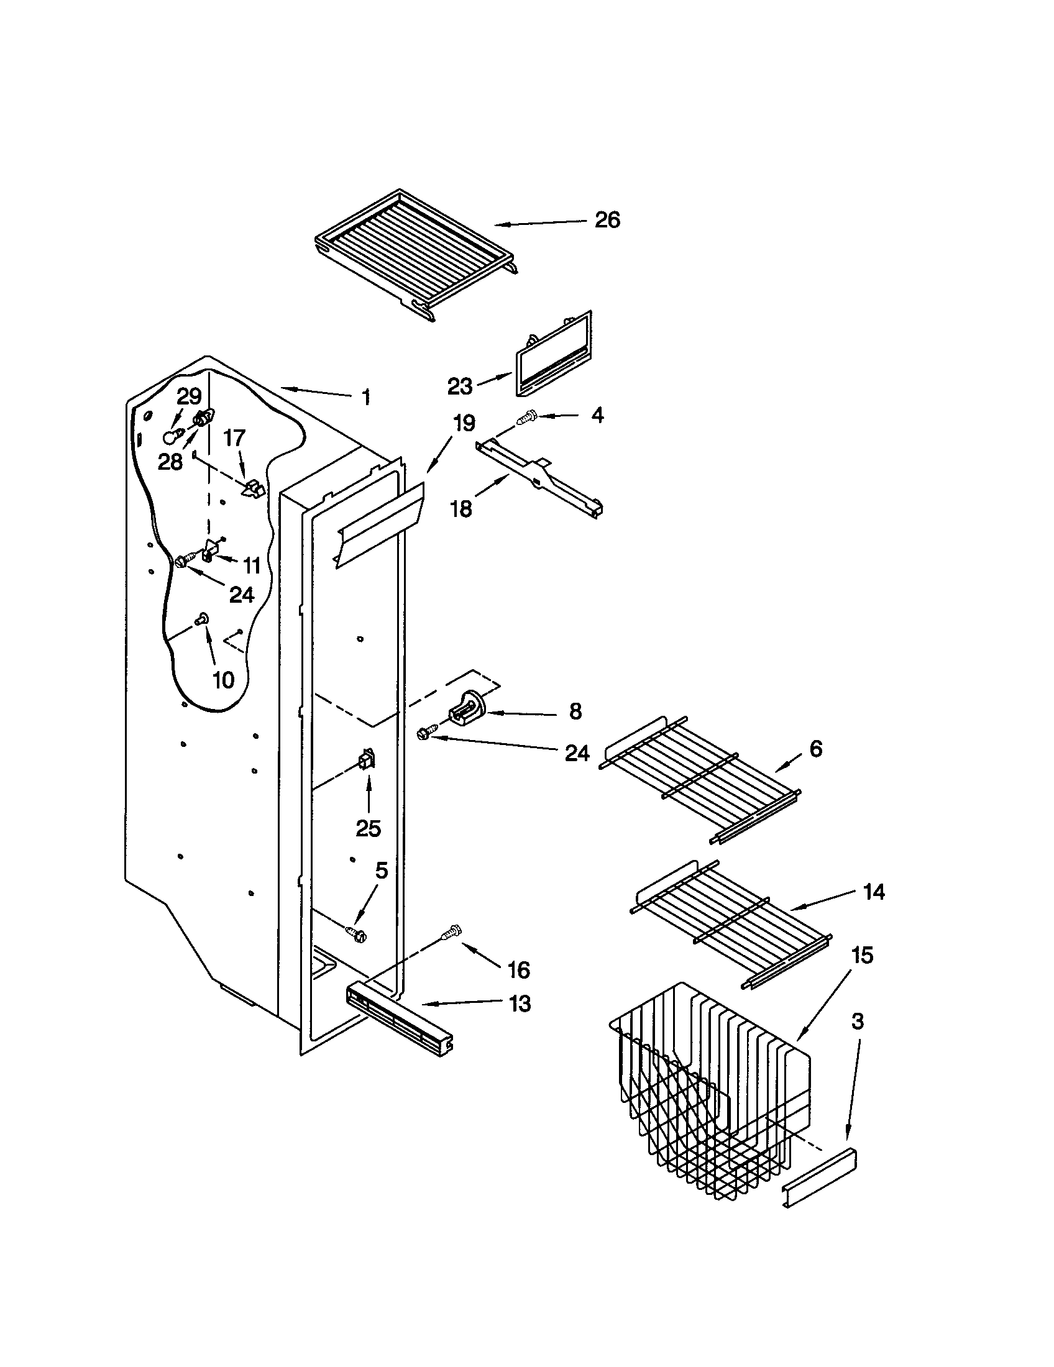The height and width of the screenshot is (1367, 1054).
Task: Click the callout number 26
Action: (x=607, y=221)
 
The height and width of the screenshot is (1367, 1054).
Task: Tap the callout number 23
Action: (x=459, y=386)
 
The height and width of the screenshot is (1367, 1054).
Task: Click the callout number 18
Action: (x=461, y=509)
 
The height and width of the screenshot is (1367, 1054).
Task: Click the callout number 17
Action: (x=234, y=438)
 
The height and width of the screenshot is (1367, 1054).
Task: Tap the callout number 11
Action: (x=252, y=565)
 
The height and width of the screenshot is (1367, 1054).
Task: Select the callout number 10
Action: (x=224, y=680)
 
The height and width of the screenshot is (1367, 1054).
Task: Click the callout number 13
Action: (x=520, y=1004)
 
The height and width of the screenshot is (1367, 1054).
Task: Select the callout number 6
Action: (x=816, y=749)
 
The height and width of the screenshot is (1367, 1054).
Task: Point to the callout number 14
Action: (x=874, y=891)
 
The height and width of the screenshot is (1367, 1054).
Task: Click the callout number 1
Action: (x=366, y=397)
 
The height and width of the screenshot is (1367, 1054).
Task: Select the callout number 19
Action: (x=464, y=423)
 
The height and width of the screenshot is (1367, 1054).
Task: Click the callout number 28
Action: (x=170, y=461)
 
